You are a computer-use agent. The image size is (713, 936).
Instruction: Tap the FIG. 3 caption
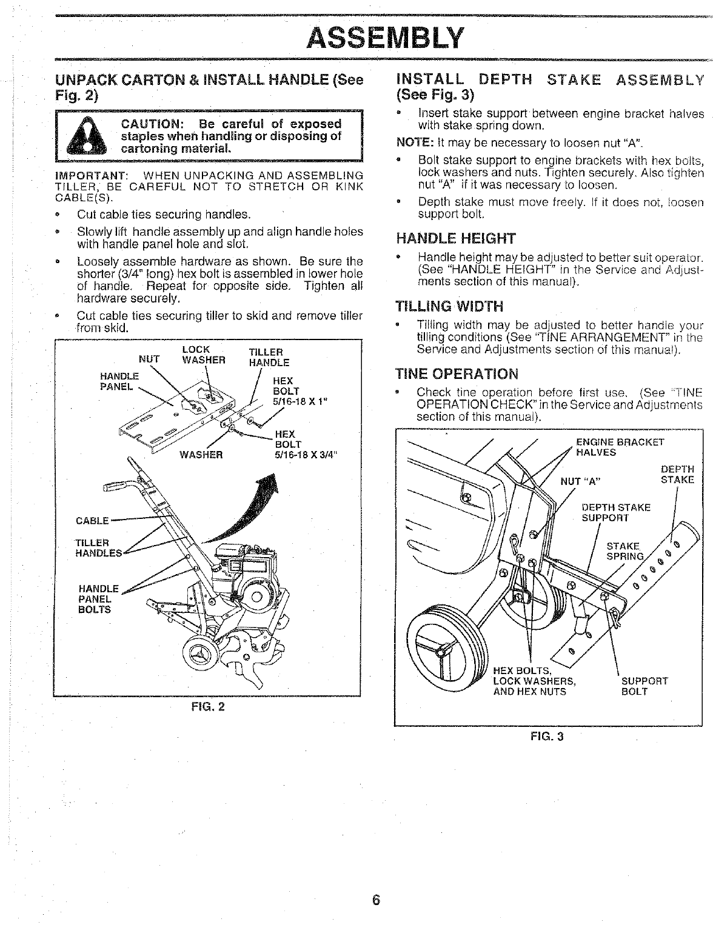(547, 737)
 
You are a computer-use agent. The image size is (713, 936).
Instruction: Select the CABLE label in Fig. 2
(92, 520)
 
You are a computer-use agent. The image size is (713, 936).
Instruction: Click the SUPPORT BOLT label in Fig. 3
(644, 686)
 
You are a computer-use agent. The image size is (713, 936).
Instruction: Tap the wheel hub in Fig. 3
(440, 651)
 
